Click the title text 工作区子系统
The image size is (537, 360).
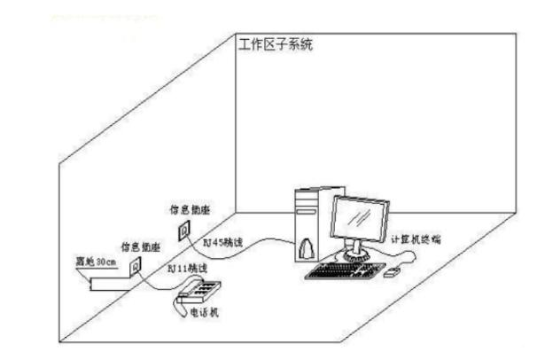click(x=276, y=44)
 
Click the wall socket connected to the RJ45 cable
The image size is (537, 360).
click(x=185, y=231)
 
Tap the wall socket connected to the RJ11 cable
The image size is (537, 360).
click(x=136, y=265)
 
